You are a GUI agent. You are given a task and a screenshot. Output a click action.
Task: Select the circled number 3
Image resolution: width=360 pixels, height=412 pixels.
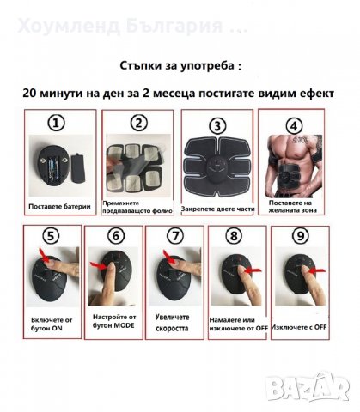(218, 125)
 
